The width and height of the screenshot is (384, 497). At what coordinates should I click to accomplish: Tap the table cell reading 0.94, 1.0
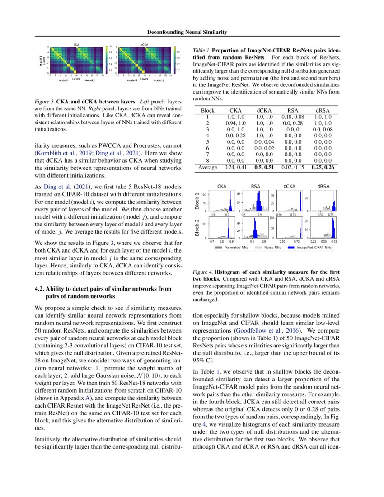[235, 122]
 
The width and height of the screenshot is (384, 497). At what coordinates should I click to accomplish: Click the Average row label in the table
[207, 167]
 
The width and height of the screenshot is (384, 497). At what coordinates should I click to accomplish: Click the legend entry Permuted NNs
[236, 248]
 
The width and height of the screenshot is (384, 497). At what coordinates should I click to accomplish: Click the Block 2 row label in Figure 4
[197, 227]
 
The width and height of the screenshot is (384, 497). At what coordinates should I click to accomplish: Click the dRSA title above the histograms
[323, 186]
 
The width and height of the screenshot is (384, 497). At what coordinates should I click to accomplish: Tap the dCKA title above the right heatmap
[145, 44]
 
